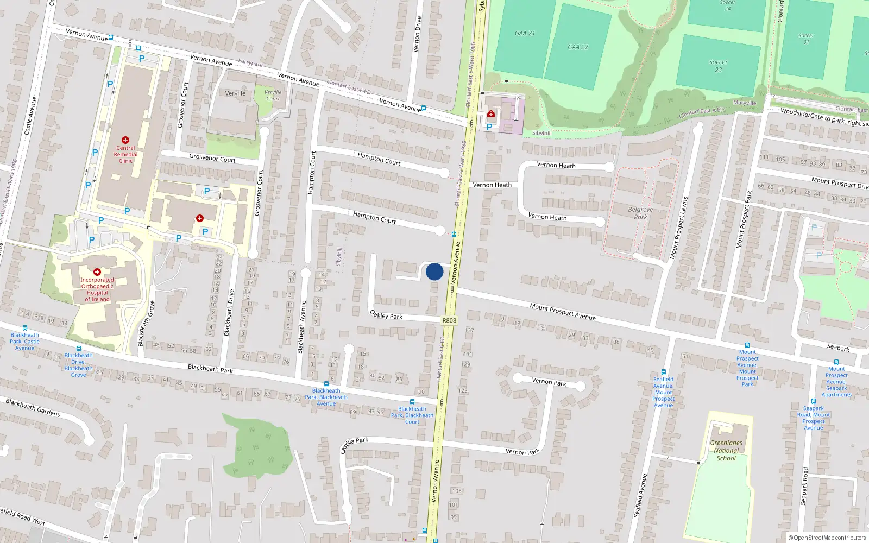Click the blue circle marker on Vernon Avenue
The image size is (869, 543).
(434, 271)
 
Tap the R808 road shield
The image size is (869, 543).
(449, 320)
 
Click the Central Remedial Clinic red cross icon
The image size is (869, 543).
(125, 140)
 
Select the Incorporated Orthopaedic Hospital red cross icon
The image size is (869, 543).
(97, 272)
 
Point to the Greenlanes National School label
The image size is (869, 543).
(726, 450)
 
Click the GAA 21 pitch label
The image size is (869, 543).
(525, 33)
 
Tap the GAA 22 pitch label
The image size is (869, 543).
(578, 47)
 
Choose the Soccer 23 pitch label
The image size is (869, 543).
(718, 66)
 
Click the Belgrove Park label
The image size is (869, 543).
(640, 213)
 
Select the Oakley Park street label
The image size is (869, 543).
(386, 315)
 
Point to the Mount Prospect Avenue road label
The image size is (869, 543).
(563, 312)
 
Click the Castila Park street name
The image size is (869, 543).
(354, 445)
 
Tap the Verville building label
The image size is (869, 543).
(235, 93)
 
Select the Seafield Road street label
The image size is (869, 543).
(22, 516)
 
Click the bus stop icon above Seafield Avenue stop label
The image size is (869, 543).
(664, 372)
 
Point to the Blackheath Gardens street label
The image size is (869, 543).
(33, 407)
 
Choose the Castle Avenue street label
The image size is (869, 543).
(31, 116)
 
